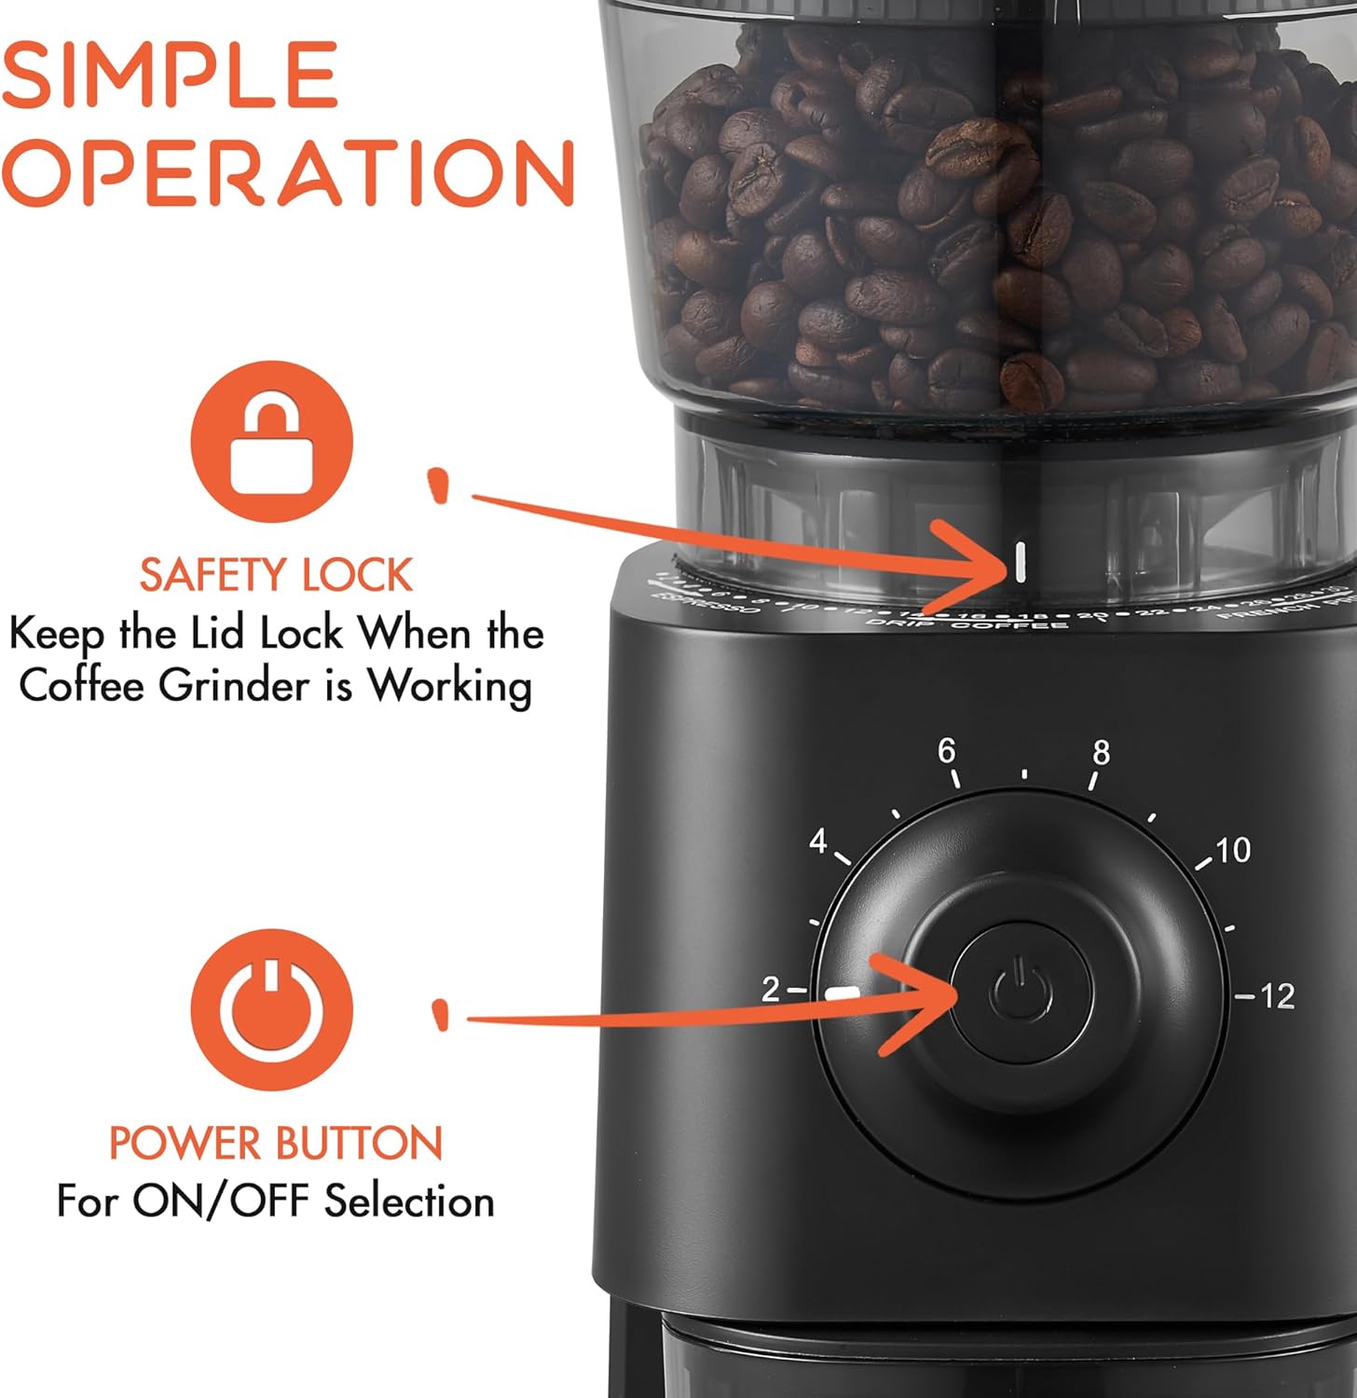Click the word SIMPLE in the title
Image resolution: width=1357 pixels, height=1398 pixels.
click(x=170, y=75)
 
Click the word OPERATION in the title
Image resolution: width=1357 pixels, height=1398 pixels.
click(x=287, y=173)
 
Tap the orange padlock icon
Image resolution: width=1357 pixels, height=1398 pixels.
click(x=272, y=442)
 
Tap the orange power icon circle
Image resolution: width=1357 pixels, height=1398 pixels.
click(x=272, y=1009)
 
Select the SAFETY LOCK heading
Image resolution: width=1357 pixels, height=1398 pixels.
click(x=276, y=575)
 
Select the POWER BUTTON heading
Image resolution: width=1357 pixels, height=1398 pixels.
click(x=276, y=1144)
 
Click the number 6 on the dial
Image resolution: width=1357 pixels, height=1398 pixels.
click(x=947, y=750)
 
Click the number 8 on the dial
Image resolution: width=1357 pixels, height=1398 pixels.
click(x=1102, y=752)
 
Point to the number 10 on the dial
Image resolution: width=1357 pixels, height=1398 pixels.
click(x=1232, y=850)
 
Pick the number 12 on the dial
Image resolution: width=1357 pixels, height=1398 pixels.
click(x=1277, y=996)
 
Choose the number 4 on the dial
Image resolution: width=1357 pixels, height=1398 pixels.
click(x=818, y=841)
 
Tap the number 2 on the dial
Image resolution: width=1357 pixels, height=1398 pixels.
click(x=770, y=989)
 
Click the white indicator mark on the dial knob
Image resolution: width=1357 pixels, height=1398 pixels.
click(x=842, y=994)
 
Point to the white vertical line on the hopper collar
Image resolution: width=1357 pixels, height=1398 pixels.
click(x=1021, y=563)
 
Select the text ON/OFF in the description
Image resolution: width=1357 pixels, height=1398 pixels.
click(x=223, y=1201)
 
